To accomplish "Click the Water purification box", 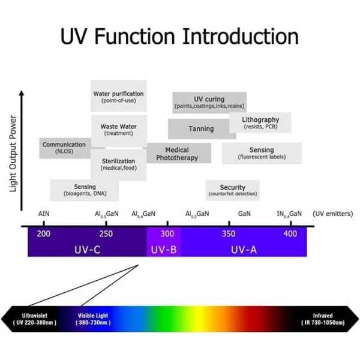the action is (x=118, y=96).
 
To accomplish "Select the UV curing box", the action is (x=209, y=103).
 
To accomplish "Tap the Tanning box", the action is (x=202, y=129).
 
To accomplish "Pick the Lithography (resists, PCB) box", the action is (x=260, y=123).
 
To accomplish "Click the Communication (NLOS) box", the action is (x=65, y=148).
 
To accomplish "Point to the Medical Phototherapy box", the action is (x=179, y=153).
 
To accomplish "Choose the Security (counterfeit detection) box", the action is (x=233, y=190).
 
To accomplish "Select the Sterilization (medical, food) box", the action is (x=118, y=164).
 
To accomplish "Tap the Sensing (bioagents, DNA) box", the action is (x=85, y=190).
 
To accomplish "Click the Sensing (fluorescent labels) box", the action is (x=262, y=153).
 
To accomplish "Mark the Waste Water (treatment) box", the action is (x=119, y=131).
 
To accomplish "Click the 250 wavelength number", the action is (x=106, y=234).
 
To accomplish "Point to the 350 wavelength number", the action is (x=229, y=234).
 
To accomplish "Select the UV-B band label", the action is (x=164, y=250).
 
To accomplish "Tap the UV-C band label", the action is (x=88, y=250).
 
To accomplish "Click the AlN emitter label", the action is (x=44, y=214).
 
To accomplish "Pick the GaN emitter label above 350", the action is (x=244, y=214).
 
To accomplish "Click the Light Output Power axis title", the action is (x=13, y=154).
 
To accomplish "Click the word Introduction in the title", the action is (x=241, y=36).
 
